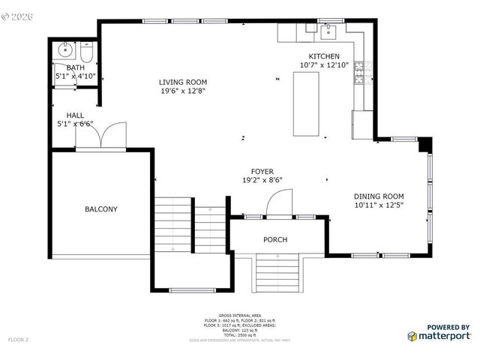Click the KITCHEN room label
(x=325, y=56)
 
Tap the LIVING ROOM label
(x=183, y=82)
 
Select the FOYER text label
(x=262, y=171)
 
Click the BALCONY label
(x=100, y=209)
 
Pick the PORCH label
(x=274, y=239)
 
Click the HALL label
(x=75, y=115)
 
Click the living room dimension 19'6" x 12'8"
(x=183, y=91)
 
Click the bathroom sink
(x=65, y=52)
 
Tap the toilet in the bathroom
(x=86, y=54)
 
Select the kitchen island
(x=305, y=104)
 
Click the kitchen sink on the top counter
(x=328, y=31)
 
